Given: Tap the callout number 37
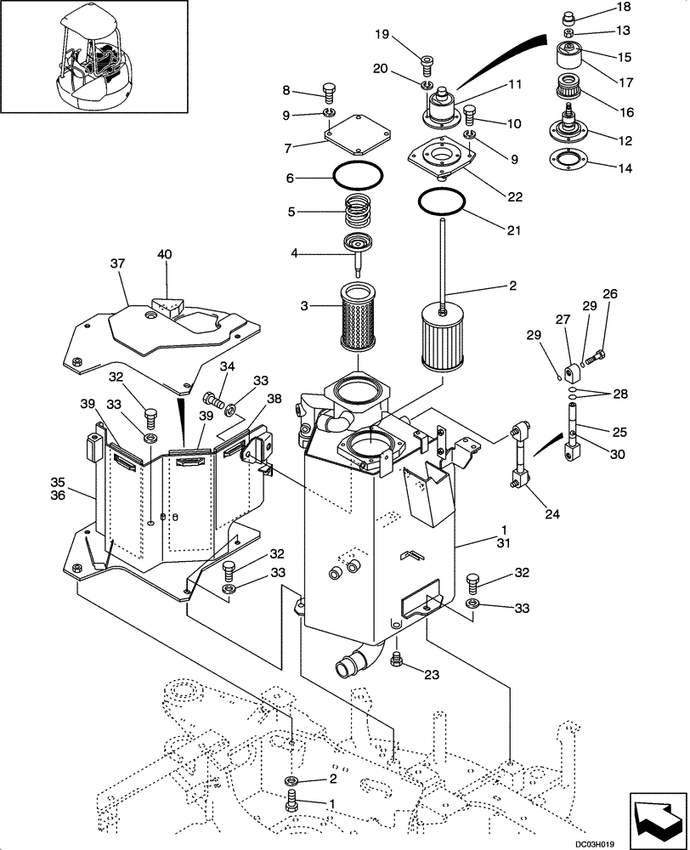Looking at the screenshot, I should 117,264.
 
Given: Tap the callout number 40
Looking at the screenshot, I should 164,254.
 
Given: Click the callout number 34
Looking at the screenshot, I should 203,366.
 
